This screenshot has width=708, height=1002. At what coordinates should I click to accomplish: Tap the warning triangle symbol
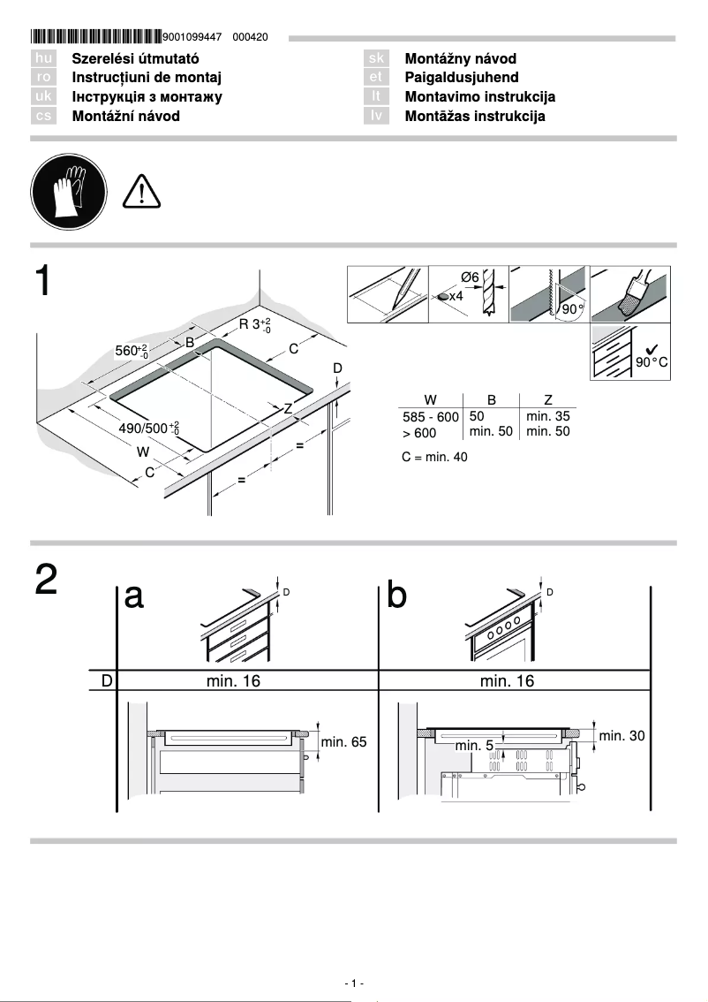141,191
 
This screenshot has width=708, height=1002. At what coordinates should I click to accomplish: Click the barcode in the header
96,37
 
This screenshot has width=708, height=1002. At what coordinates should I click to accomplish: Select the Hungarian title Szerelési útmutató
132,58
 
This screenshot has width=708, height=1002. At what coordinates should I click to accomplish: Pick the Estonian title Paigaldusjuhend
461,78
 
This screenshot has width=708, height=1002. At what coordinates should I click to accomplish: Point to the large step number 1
46,282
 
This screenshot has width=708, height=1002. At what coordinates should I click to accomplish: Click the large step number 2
47,581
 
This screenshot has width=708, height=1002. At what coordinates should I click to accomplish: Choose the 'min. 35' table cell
547,415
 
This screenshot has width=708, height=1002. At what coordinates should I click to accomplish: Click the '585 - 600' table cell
430,417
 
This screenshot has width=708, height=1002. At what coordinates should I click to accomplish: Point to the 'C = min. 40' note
434,457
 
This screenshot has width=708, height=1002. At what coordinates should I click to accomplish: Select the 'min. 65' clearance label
343,742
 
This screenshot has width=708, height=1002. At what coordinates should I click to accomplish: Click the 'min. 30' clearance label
622,735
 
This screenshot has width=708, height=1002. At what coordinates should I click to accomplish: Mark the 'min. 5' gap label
474,746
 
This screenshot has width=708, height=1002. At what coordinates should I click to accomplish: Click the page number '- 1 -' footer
354,983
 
